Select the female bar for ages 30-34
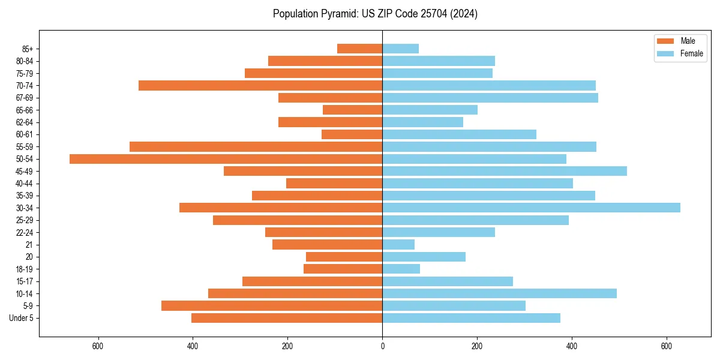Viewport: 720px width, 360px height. (x=531, y=208)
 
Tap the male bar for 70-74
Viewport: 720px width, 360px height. (x=260, y=85)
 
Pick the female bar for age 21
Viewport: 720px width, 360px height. (x=398, y=244)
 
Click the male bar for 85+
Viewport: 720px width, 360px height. (x=359, y=49)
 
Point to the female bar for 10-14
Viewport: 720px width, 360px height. (x=499, y=293)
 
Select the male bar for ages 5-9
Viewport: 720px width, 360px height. (x=272, y=305)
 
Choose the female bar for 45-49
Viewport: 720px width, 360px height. (x=505, y=171)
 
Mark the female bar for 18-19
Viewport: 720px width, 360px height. (x=401, y=269)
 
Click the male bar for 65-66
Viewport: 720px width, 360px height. (x=352, y=110)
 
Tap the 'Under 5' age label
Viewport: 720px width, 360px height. (x=22, y=318)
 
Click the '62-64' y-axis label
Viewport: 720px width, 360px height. (x=25, y=122)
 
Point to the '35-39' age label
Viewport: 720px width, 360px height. (x=25, y=196)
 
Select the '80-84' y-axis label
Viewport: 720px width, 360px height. (x=25, y=61)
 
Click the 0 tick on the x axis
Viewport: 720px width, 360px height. (x=382, y=346)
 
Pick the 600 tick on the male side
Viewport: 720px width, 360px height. (x=98, y=346)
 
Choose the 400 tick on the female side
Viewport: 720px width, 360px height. (x=572, y=346)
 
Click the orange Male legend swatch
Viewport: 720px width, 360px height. (x=665, y=41)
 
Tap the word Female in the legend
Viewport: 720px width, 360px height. (x=692, y=53)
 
